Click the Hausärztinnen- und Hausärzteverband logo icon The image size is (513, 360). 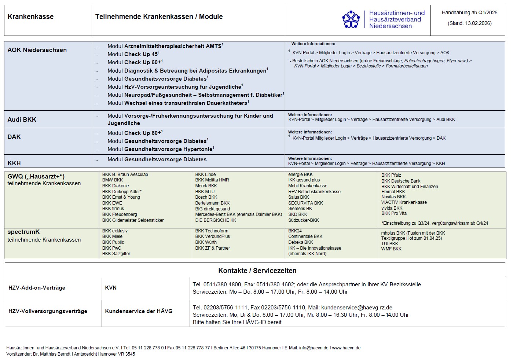[x=351, y=19]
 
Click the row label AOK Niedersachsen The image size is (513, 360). [x=37, y=50]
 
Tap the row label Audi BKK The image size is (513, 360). [x=22, y=120]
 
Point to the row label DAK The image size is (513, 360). [x=14, y=137]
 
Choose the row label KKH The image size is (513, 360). [x=14, y=163]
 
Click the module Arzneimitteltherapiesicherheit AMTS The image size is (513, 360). [x=173, y=46]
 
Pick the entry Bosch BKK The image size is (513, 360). [x=206, y=197]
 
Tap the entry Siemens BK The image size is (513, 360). [x=300, y=209]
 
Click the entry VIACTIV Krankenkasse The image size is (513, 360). [x=404, y=202]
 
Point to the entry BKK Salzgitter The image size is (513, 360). [x=116, y=254]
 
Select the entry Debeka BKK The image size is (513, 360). [x=301, y=242]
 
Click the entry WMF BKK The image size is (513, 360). [x=391, y=249]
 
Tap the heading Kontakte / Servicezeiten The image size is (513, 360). [x=257, y=271]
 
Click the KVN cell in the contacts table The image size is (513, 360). [x=111, y=288]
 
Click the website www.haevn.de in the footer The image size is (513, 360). [x=346, y=348]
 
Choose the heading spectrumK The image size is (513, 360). [x=23, y=232]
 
